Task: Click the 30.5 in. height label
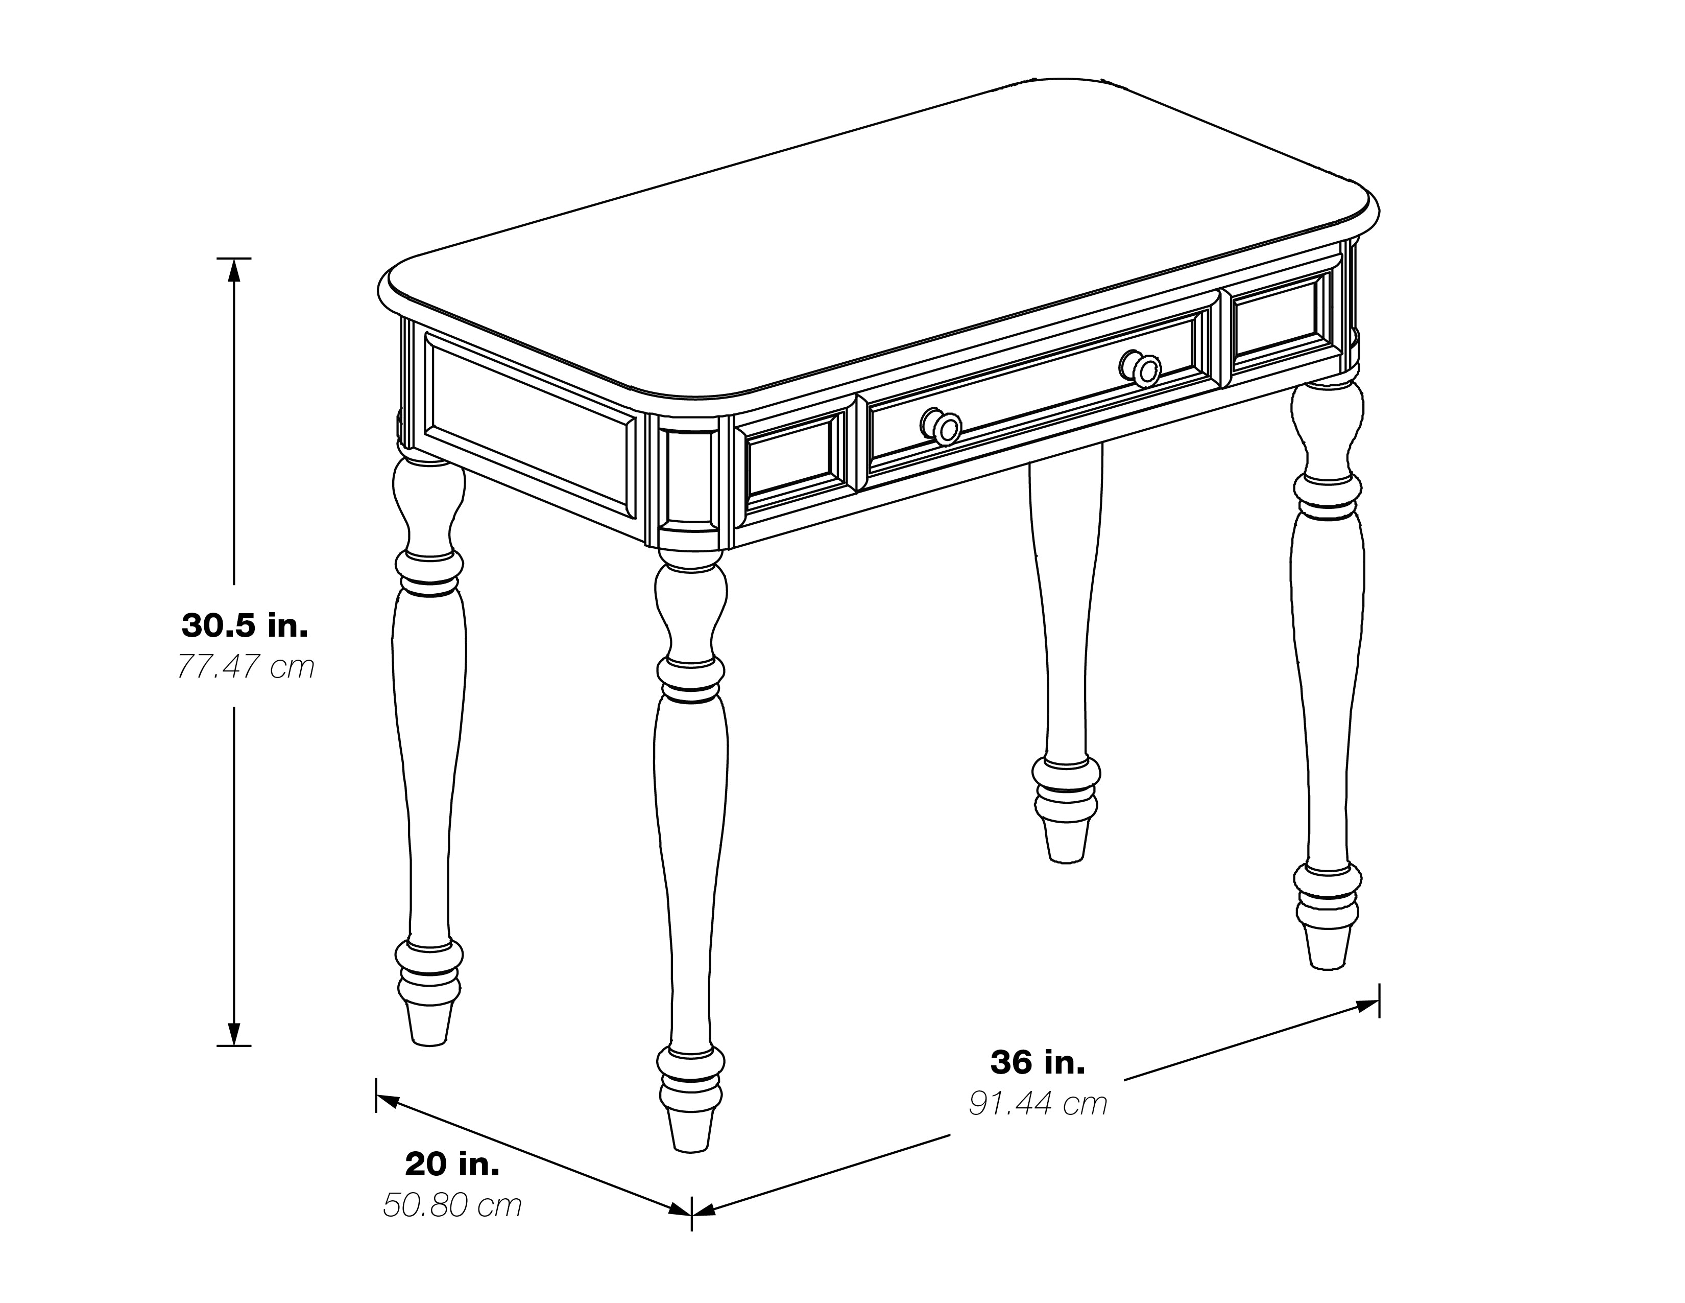point(245,625)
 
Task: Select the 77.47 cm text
point(245,666)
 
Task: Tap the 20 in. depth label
point(452,1165)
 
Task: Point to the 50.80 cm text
point(452,1206)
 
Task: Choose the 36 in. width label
point(1038,1063)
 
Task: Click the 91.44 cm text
point(1038,1104)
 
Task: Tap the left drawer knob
point(942,426)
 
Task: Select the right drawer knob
point(1141,368)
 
